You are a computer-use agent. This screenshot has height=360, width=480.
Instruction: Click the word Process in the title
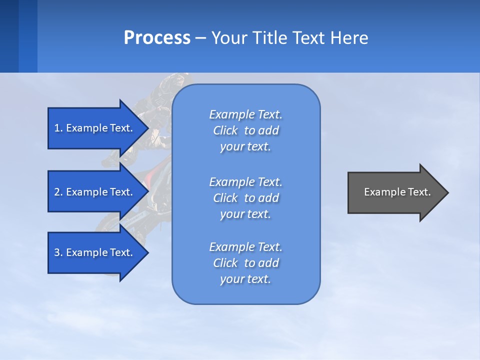[x=157, y=37]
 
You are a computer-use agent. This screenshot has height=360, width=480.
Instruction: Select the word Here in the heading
[x=349, y=37]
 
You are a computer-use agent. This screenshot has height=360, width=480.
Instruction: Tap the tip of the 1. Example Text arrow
[x=146, y=128]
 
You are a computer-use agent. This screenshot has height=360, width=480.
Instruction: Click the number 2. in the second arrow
[x=58, y=192]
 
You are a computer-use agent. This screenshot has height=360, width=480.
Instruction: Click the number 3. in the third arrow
[x=58, y=252]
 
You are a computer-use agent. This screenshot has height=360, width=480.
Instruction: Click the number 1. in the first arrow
[x=58, y=128]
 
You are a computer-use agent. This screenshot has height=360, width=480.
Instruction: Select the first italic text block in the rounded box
[x=245, y=130]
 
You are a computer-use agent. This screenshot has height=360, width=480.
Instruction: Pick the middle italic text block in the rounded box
[x=245, y=197]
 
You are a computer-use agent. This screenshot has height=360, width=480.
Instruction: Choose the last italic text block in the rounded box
[x=245, y=263]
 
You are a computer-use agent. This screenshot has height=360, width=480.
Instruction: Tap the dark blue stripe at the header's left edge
[x=9, y=36]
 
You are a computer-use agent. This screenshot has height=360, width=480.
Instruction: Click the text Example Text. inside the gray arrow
[x=397, y=192]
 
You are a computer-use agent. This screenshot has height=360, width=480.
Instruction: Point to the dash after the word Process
[x=200, y=38]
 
